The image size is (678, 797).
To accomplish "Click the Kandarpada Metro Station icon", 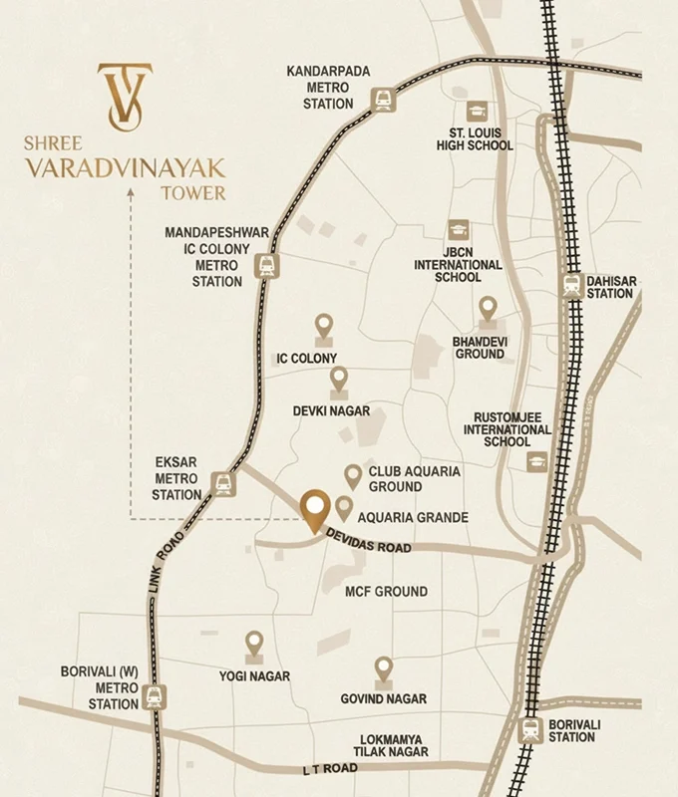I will click(383, 98).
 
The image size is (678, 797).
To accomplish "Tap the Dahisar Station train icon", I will click(572, 286).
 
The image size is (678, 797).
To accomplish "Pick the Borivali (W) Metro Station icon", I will click(154, 696).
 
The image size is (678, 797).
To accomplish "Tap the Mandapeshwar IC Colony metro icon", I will click(266, 265).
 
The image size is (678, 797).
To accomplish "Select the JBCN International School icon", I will click(458, 231).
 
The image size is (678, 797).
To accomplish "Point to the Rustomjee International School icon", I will click(537, 461).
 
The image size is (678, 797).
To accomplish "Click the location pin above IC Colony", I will click(323, 326).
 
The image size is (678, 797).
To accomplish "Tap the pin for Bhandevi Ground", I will click(487, 309).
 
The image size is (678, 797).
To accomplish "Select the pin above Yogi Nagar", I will click(254, 644).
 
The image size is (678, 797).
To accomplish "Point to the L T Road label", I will click(330, 769).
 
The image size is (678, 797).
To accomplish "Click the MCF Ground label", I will click(386, 592).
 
